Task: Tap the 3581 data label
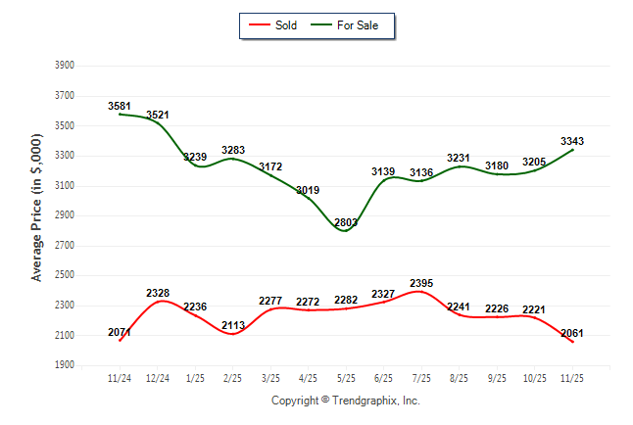121,105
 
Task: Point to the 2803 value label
345,222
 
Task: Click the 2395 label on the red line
420,283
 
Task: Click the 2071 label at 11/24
121,333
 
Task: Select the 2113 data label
233,325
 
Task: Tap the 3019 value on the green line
308,189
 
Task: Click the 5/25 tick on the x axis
345,376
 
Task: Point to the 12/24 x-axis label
158,376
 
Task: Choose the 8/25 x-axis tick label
458,376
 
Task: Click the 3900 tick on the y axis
66,66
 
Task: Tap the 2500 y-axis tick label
66,275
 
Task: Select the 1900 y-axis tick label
66,365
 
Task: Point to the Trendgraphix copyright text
345,401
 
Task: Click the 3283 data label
233,150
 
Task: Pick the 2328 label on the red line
158,293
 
